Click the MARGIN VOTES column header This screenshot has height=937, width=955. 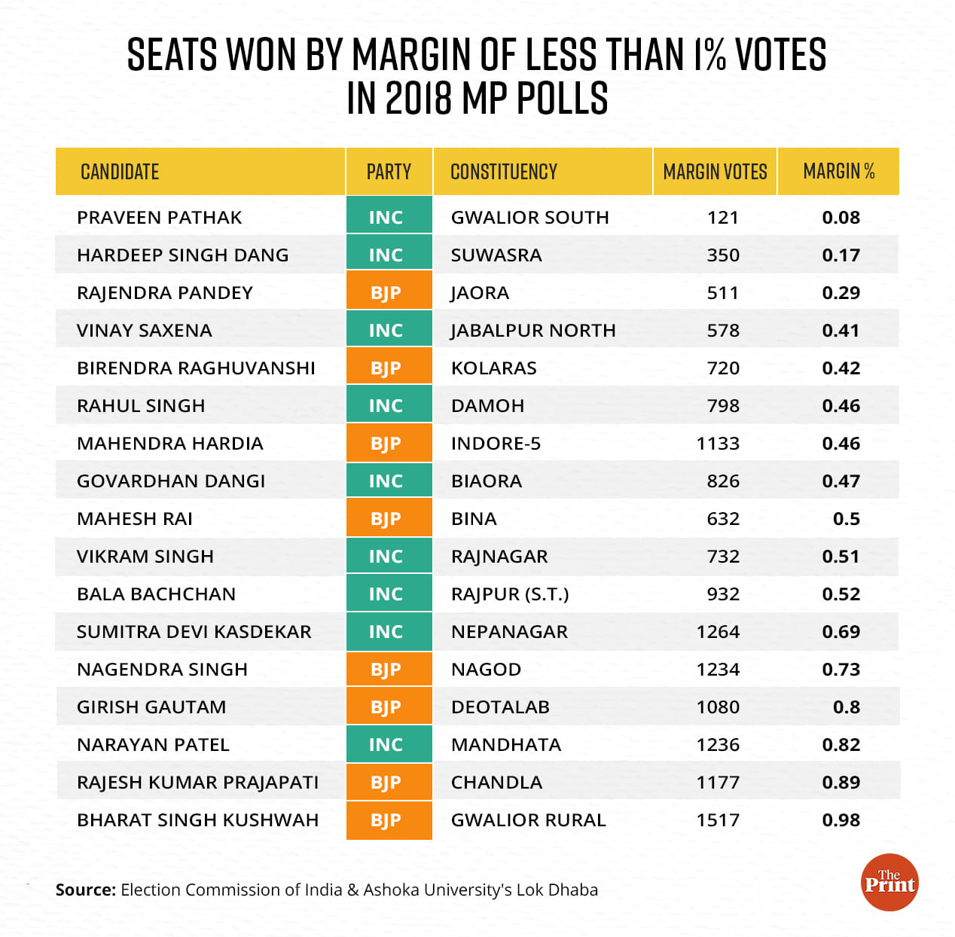pyautogui.click(x=715, y=172)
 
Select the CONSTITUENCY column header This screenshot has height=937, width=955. pyautogui.click(x=504, y=172)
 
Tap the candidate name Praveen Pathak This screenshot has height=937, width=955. pyautogui.click(x=160, y=218)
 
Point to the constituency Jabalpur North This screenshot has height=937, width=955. pyautogui.click(x=533, y=331)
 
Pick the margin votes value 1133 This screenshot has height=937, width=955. pyautogui.click(x=718, y=444)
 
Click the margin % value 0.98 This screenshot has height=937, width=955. pyautogui.click(x=841, y=820)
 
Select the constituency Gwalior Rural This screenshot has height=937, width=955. pyautogui.click(x=528, y=820)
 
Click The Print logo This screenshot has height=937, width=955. pyautogui.click(x=889, y=882)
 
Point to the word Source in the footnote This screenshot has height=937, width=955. pyautogui.click(x=85, y=890)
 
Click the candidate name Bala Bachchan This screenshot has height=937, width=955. pyautogui.click(x=156, y=594)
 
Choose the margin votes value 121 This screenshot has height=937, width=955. pyautogui.click(x=722, y=218)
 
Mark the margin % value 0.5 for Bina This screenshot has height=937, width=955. pyautogui.click(x=846, y=519)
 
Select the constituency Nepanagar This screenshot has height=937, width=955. pyautogui.click(x=509, y=632)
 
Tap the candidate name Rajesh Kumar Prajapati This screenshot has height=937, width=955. pyautogui.click(x=197, y=783)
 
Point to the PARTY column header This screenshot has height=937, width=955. pyautogui.click(x=389, y=172)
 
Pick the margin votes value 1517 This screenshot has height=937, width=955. pyautogui.click(x=718, y=820)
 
